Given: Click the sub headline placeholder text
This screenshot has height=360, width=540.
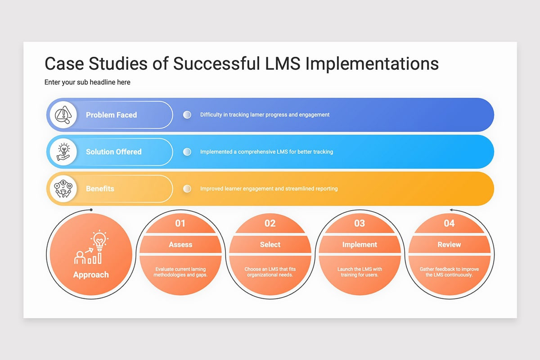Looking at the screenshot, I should [87, 82].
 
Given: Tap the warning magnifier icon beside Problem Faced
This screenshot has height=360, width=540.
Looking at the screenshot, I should [63, 115].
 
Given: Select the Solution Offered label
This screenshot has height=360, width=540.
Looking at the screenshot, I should [113, 152].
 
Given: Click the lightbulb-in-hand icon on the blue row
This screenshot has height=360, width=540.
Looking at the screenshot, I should [63, 152].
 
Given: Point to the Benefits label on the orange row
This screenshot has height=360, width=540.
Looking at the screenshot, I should [100, 189].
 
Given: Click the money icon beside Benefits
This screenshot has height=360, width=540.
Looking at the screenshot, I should [63, 189].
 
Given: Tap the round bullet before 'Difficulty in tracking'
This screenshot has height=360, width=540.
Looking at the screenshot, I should [187, 115].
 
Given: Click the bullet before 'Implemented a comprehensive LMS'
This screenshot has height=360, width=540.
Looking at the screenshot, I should [187, 152].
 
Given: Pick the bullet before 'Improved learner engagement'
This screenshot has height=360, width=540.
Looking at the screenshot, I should [187, 189].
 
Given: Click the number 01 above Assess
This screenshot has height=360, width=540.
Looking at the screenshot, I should [180, 223].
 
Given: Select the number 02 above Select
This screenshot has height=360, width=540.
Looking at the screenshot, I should [270, 223].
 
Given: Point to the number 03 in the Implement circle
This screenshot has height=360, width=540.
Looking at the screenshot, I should [360, 223].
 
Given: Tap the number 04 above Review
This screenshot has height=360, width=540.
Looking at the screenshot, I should [449, 223].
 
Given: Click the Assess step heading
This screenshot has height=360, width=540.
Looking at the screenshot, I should [180, 245].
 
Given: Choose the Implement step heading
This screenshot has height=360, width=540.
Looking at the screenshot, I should [360, 245].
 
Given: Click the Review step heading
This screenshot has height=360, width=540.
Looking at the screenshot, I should [449, 245].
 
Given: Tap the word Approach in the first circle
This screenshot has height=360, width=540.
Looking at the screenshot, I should [91, 274].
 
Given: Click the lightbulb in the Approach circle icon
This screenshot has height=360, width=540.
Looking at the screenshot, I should [99, 240].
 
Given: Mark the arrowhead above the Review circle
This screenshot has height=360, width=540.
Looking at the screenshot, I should [451, 210].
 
